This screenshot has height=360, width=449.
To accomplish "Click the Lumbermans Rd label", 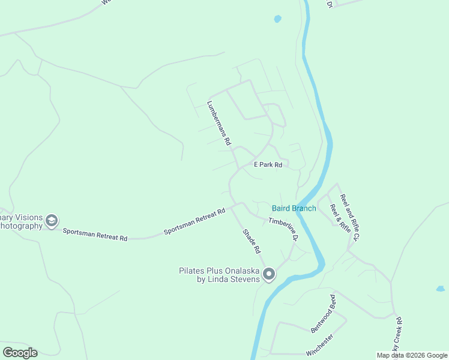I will pos(219,123).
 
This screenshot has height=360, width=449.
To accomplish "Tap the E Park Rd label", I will pos(268,164).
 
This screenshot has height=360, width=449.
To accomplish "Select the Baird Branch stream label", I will pos(294,208).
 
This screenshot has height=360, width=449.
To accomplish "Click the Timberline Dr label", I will pos(283,229).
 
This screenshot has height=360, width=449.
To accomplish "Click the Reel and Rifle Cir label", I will pos(349,217).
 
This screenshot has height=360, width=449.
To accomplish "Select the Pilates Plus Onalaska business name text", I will pos(220,275).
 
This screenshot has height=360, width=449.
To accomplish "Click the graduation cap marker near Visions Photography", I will pos(52,221).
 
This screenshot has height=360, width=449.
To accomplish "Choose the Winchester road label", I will pos(319,346).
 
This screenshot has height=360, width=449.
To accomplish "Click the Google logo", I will pos(20,353).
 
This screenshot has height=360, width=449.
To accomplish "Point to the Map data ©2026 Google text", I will pos(412,355).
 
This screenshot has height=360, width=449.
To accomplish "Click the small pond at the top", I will pos(277,19).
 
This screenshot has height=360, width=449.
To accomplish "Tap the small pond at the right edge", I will pos(440,289).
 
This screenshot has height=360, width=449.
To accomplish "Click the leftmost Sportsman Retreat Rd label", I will pos(95,235).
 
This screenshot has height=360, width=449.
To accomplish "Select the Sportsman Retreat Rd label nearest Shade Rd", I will pos(195,221).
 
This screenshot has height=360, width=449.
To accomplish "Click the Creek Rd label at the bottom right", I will pos(397,338).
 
